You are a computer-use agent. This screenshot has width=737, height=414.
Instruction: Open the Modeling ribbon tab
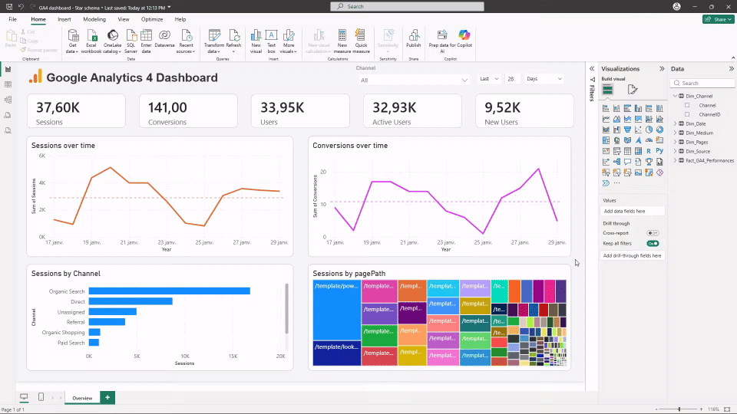[x=94, y=18]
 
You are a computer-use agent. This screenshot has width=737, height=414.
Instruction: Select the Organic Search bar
[x=169, y=291]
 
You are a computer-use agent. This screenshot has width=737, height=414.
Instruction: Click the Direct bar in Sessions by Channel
[x=131, y=301]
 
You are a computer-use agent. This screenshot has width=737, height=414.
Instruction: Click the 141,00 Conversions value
[x=167, y=107]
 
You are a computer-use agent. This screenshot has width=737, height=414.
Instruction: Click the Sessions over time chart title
[x=63, y=145]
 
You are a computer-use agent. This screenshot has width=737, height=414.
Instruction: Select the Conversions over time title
[x=350, y=145]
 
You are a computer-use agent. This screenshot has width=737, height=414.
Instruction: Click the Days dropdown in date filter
[x=544, y=79]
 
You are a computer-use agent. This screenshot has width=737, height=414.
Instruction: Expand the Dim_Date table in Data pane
[x=676, y=123]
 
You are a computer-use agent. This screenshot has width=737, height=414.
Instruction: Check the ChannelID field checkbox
[x=687, y=114]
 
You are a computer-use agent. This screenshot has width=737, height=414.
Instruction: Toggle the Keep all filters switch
[x=653, y=243]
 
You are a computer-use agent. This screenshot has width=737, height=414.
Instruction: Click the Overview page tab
[x=81, y=398]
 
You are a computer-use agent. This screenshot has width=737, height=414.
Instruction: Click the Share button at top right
[x=717, y=18]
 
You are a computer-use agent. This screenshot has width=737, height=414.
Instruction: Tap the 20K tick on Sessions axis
[x=280, y=356]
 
